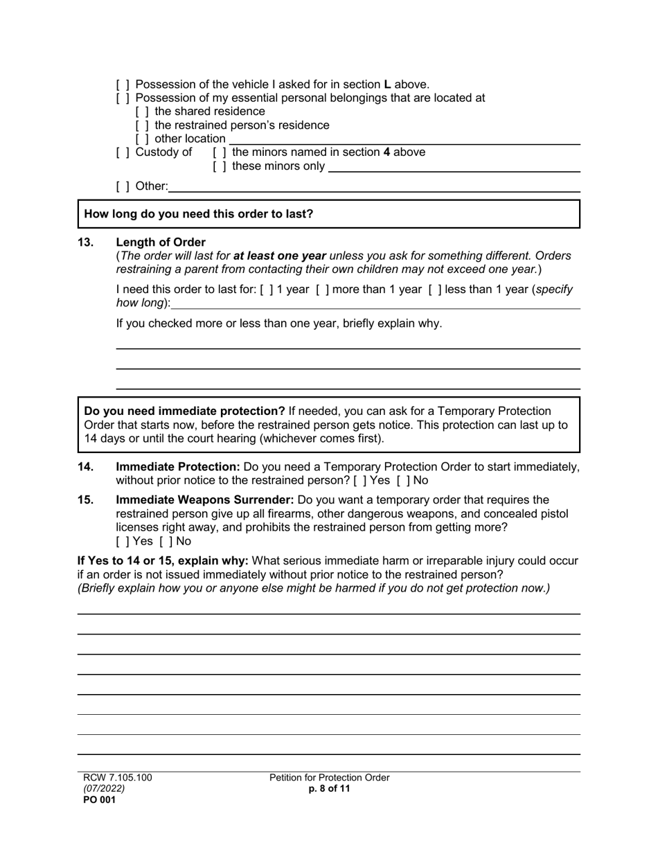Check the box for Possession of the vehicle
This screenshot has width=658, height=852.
click(x=123, y=85)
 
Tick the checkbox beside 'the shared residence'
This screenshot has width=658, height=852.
click(x=142, y=112)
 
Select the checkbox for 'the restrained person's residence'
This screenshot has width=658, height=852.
click(x=142, y=125)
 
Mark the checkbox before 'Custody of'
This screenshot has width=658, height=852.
click(x=123, y=152)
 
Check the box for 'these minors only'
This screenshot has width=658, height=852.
click(x=219, y=166)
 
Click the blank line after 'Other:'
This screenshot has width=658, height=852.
click(x=374, y=186)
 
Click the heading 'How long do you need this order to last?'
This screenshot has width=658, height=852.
click(x=199, y=214)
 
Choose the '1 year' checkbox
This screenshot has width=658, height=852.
click(x=267, y=290)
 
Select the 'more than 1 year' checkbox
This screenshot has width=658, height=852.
click(x=323, y=290)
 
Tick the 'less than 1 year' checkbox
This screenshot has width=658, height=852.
click(x=435, y=290)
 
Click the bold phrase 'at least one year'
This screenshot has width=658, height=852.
click(x=280, y=256)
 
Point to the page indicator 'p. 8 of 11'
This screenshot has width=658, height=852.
click(x=330, y=789)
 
